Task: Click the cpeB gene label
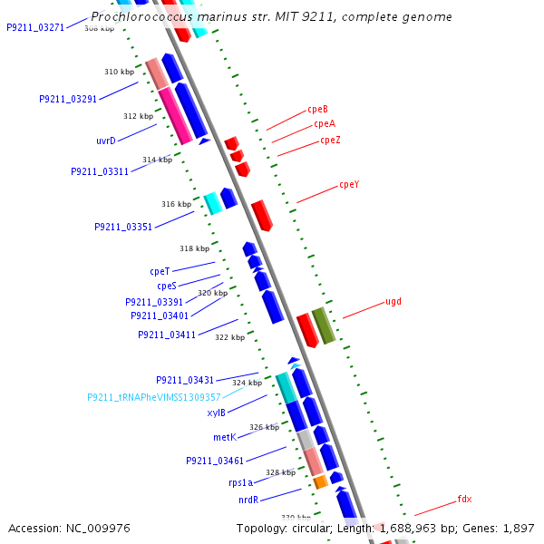coord(317,109)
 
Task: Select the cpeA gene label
coord(325,124)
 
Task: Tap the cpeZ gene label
coord(330,141)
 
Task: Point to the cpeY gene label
coord(349,185)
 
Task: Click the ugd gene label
coord(393,301)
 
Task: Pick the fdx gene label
coord(464,500)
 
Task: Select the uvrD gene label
coord(106,141)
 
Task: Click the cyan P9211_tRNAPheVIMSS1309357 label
coord(154,397)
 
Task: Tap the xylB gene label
coord(216,413)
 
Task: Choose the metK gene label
coord(224,437)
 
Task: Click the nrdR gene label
coord(248,500)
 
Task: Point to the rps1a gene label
coord(240,483)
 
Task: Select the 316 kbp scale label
coord(177,204)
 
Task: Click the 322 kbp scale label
coord(229,337)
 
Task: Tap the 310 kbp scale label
coord(119,72)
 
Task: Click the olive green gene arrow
coord(324,325)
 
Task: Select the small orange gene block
coord(320,482)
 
